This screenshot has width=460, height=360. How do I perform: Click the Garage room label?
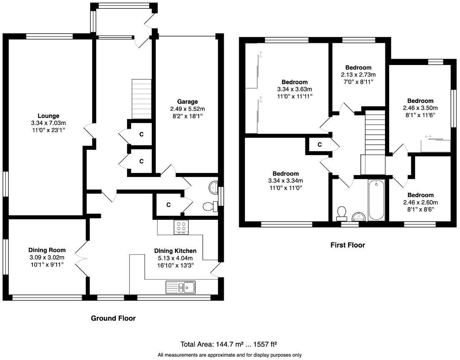tap(187, 102)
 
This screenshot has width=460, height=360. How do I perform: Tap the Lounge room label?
tap(49, 116)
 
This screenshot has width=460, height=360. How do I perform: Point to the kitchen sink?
tap(180, 287)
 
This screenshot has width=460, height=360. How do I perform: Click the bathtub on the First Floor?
tap(376, 200)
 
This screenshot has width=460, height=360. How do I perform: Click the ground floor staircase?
tap(141, 99)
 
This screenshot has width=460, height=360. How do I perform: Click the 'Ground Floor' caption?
tap(113, 318)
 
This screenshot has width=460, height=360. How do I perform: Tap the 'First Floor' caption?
tap(347, 245)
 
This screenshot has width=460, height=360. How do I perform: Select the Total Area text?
tap(229, 345)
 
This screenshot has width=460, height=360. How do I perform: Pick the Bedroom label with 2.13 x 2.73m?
tap(358, 67)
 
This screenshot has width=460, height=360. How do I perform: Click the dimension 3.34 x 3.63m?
tap(295, 89)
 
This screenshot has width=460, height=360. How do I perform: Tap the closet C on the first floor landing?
tap(320, 145)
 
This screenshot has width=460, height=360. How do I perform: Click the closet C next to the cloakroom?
tap(168, 205)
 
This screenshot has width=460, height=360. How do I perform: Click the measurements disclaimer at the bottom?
tap(230, 355)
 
